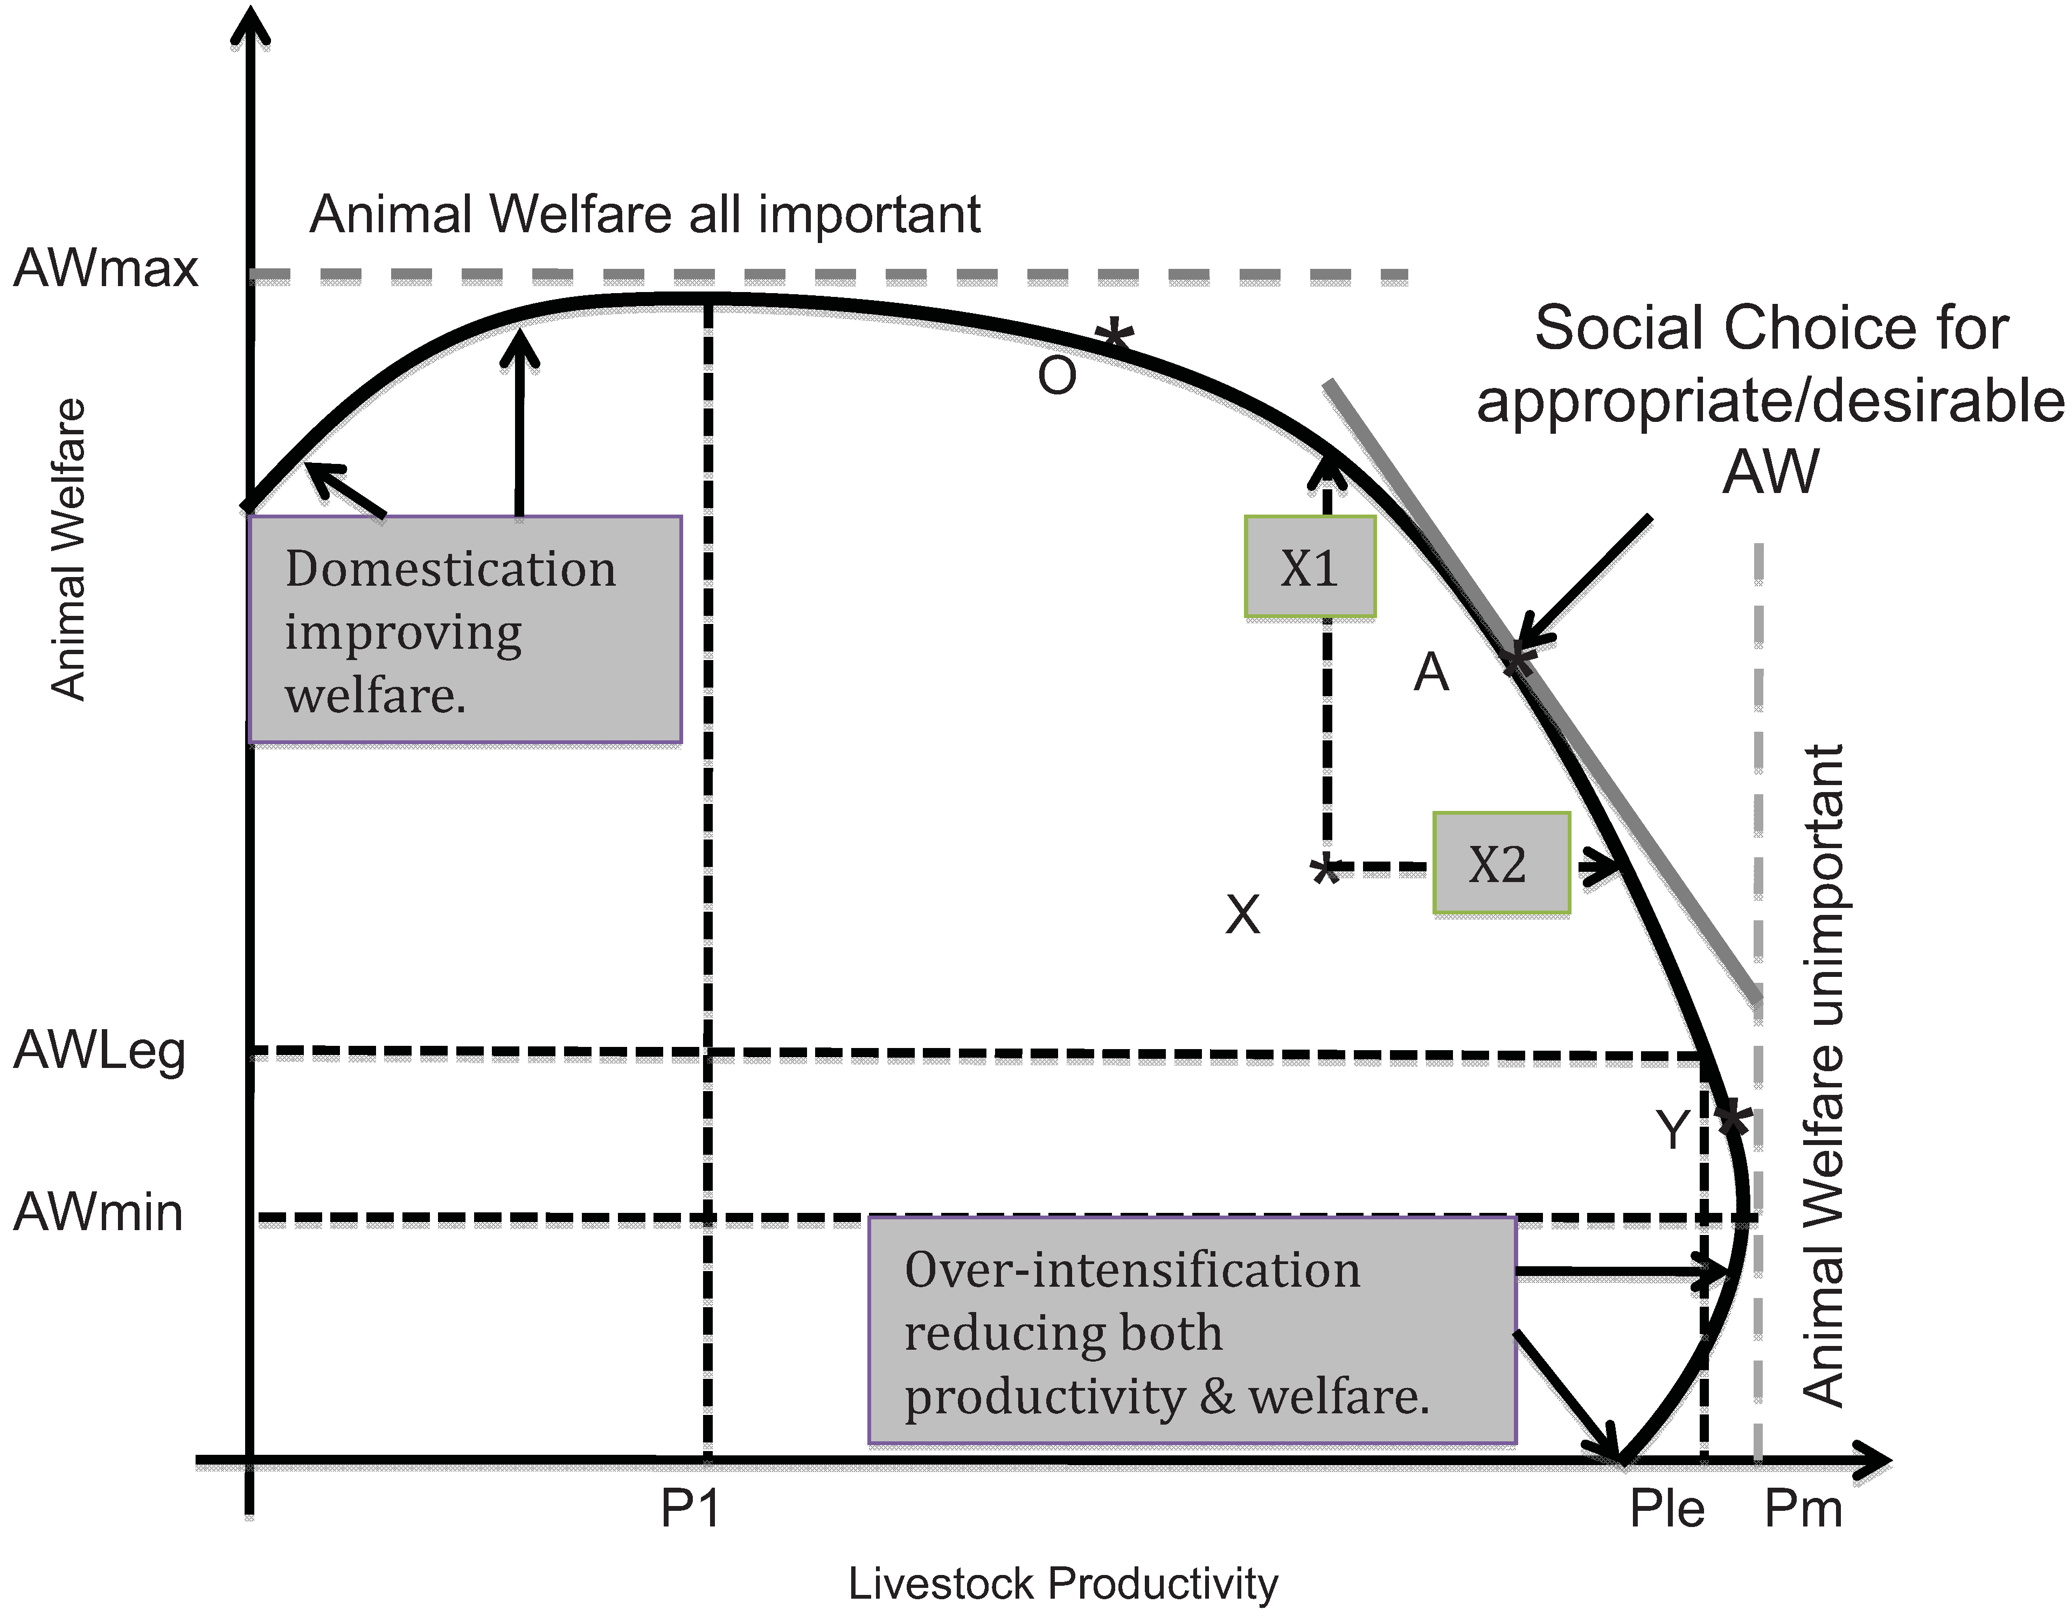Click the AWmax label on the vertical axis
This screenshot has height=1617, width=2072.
point(105,268)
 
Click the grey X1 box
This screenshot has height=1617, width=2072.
point(1309,567)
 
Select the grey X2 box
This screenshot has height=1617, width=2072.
point(1501,864)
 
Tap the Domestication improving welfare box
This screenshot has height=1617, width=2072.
point(465,629)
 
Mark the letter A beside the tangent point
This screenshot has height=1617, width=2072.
point(1431,673)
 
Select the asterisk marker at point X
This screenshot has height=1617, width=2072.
point(1326,868)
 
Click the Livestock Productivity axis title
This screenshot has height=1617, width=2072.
point(1062,1584)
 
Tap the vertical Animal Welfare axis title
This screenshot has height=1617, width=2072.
point(68,550)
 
